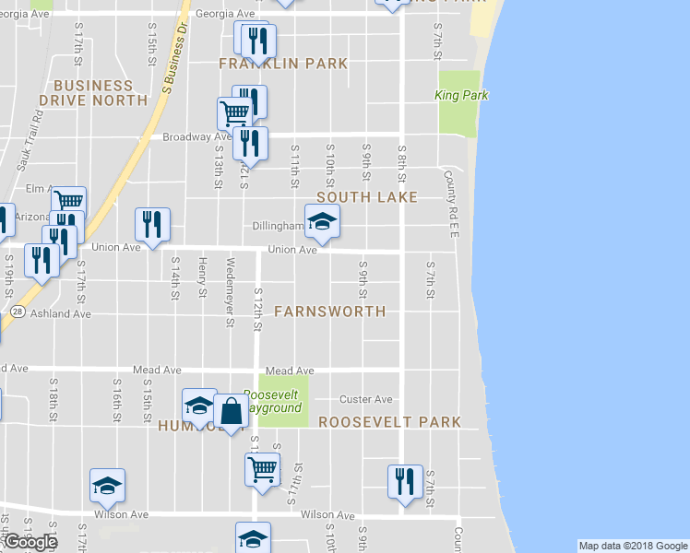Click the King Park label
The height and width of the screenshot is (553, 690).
pyautogui.click(x=460, y=95)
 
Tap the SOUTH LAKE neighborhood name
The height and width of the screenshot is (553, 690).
pyautogui.click(x=367, y=197)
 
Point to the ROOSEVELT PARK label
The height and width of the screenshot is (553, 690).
pyautogui.click(x=389, y=422)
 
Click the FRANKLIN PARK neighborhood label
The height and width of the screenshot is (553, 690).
pyautogui.click(x=283, y=64)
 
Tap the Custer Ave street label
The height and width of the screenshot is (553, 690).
pyautogui.click(x=366, y=399)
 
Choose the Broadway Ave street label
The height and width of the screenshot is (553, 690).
pyautogui.click(x=196, y=136)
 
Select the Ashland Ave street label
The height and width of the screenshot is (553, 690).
pyautogui.click(x=64, y=313)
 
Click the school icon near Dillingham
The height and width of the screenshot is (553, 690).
pyautogui.click(x=322, y=221)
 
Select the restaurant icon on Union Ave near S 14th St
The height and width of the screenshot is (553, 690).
pyautogui.click(x=152, y=224)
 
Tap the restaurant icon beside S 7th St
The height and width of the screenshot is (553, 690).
pyautogui.click(x=405, y=481)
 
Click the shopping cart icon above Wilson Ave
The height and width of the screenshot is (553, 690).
pyautogui.click(x=262, y=468)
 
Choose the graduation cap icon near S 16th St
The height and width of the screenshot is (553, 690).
pyautogui.click(x=108, y=485)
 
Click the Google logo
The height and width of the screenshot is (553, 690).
pyautogui.click(x=30, y=542)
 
